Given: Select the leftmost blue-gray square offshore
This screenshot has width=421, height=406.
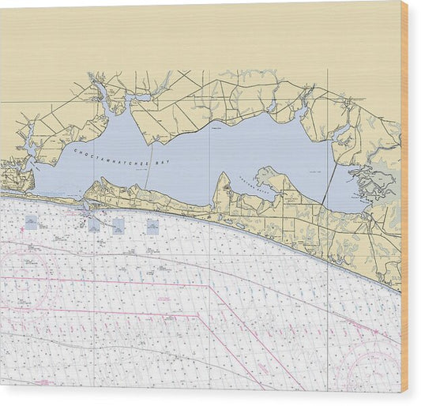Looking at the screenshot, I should tap(31, 223).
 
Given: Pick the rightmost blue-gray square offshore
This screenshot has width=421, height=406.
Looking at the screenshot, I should tap(152, 227).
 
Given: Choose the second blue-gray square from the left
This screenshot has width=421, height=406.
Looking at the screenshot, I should tap(94, 224).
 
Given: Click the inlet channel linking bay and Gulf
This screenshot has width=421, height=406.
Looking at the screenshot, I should tap(85, 203).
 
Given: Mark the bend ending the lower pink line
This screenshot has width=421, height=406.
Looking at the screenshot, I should tap(197, 317).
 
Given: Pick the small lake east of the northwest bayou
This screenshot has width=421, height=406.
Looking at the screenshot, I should tap(142, 98).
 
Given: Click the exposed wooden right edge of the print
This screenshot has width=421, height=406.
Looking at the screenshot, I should tap(404, 197).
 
